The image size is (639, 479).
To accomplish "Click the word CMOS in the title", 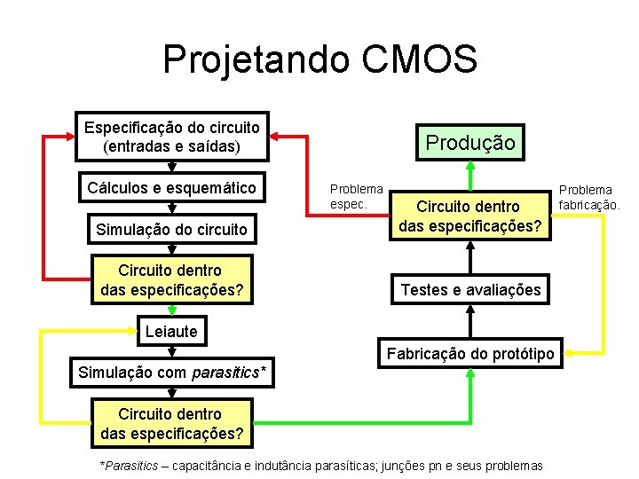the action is [x=420, y=59].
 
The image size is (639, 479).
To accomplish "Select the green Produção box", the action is [x=469, y=142].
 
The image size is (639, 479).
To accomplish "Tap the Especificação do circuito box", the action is [x=172, y=137].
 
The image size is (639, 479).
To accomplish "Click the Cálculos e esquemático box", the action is [x=172, y=187].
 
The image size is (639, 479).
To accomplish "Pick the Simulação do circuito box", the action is [x=172, y=230].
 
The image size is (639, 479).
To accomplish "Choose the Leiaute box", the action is [x=171, y=331].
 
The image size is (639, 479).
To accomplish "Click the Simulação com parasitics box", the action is [x=172, y=372].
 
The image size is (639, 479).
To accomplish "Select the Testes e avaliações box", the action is [x=470, y=289].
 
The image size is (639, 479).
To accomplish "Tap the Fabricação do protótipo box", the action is [x=470, y=354].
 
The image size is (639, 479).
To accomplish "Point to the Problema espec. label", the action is [x=356, y=196].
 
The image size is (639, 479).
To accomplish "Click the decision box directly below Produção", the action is [x=470, y=216].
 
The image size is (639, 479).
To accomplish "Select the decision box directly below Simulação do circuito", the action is [x=172, y=279].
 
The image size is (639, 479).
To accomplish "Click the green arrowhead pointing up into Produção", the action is [x=470, y=168].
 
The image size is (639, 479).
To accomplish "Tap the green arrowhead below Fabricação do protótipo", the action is [x=470, y=375].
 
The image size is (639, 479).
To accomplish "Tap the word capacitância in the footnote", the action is [x=209, y=466].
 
